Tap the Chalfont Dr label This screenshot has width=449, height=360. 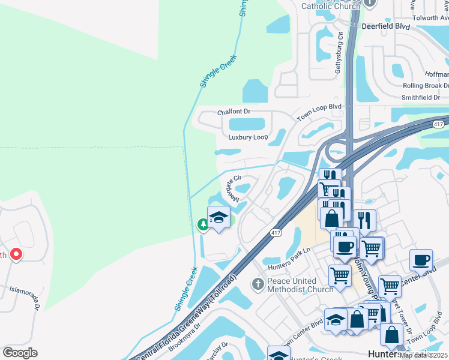point(234,112)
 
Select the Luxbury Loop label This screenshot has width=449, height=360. point(248,137)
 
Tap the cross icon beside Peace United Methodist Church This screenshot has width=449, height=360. point(258,283)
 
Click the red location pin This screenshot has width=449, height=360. point(16,254)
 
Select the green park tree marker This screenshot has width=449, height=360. point(203,224)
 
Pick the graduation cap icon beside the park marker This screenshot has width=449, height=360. point(218,217)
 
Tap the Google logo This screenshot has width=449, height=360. point(20,353)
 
